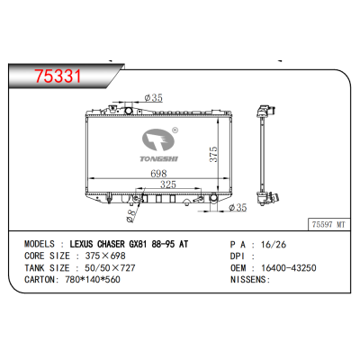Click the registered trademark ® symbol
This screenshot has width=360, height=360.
(x=174, y=129)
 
